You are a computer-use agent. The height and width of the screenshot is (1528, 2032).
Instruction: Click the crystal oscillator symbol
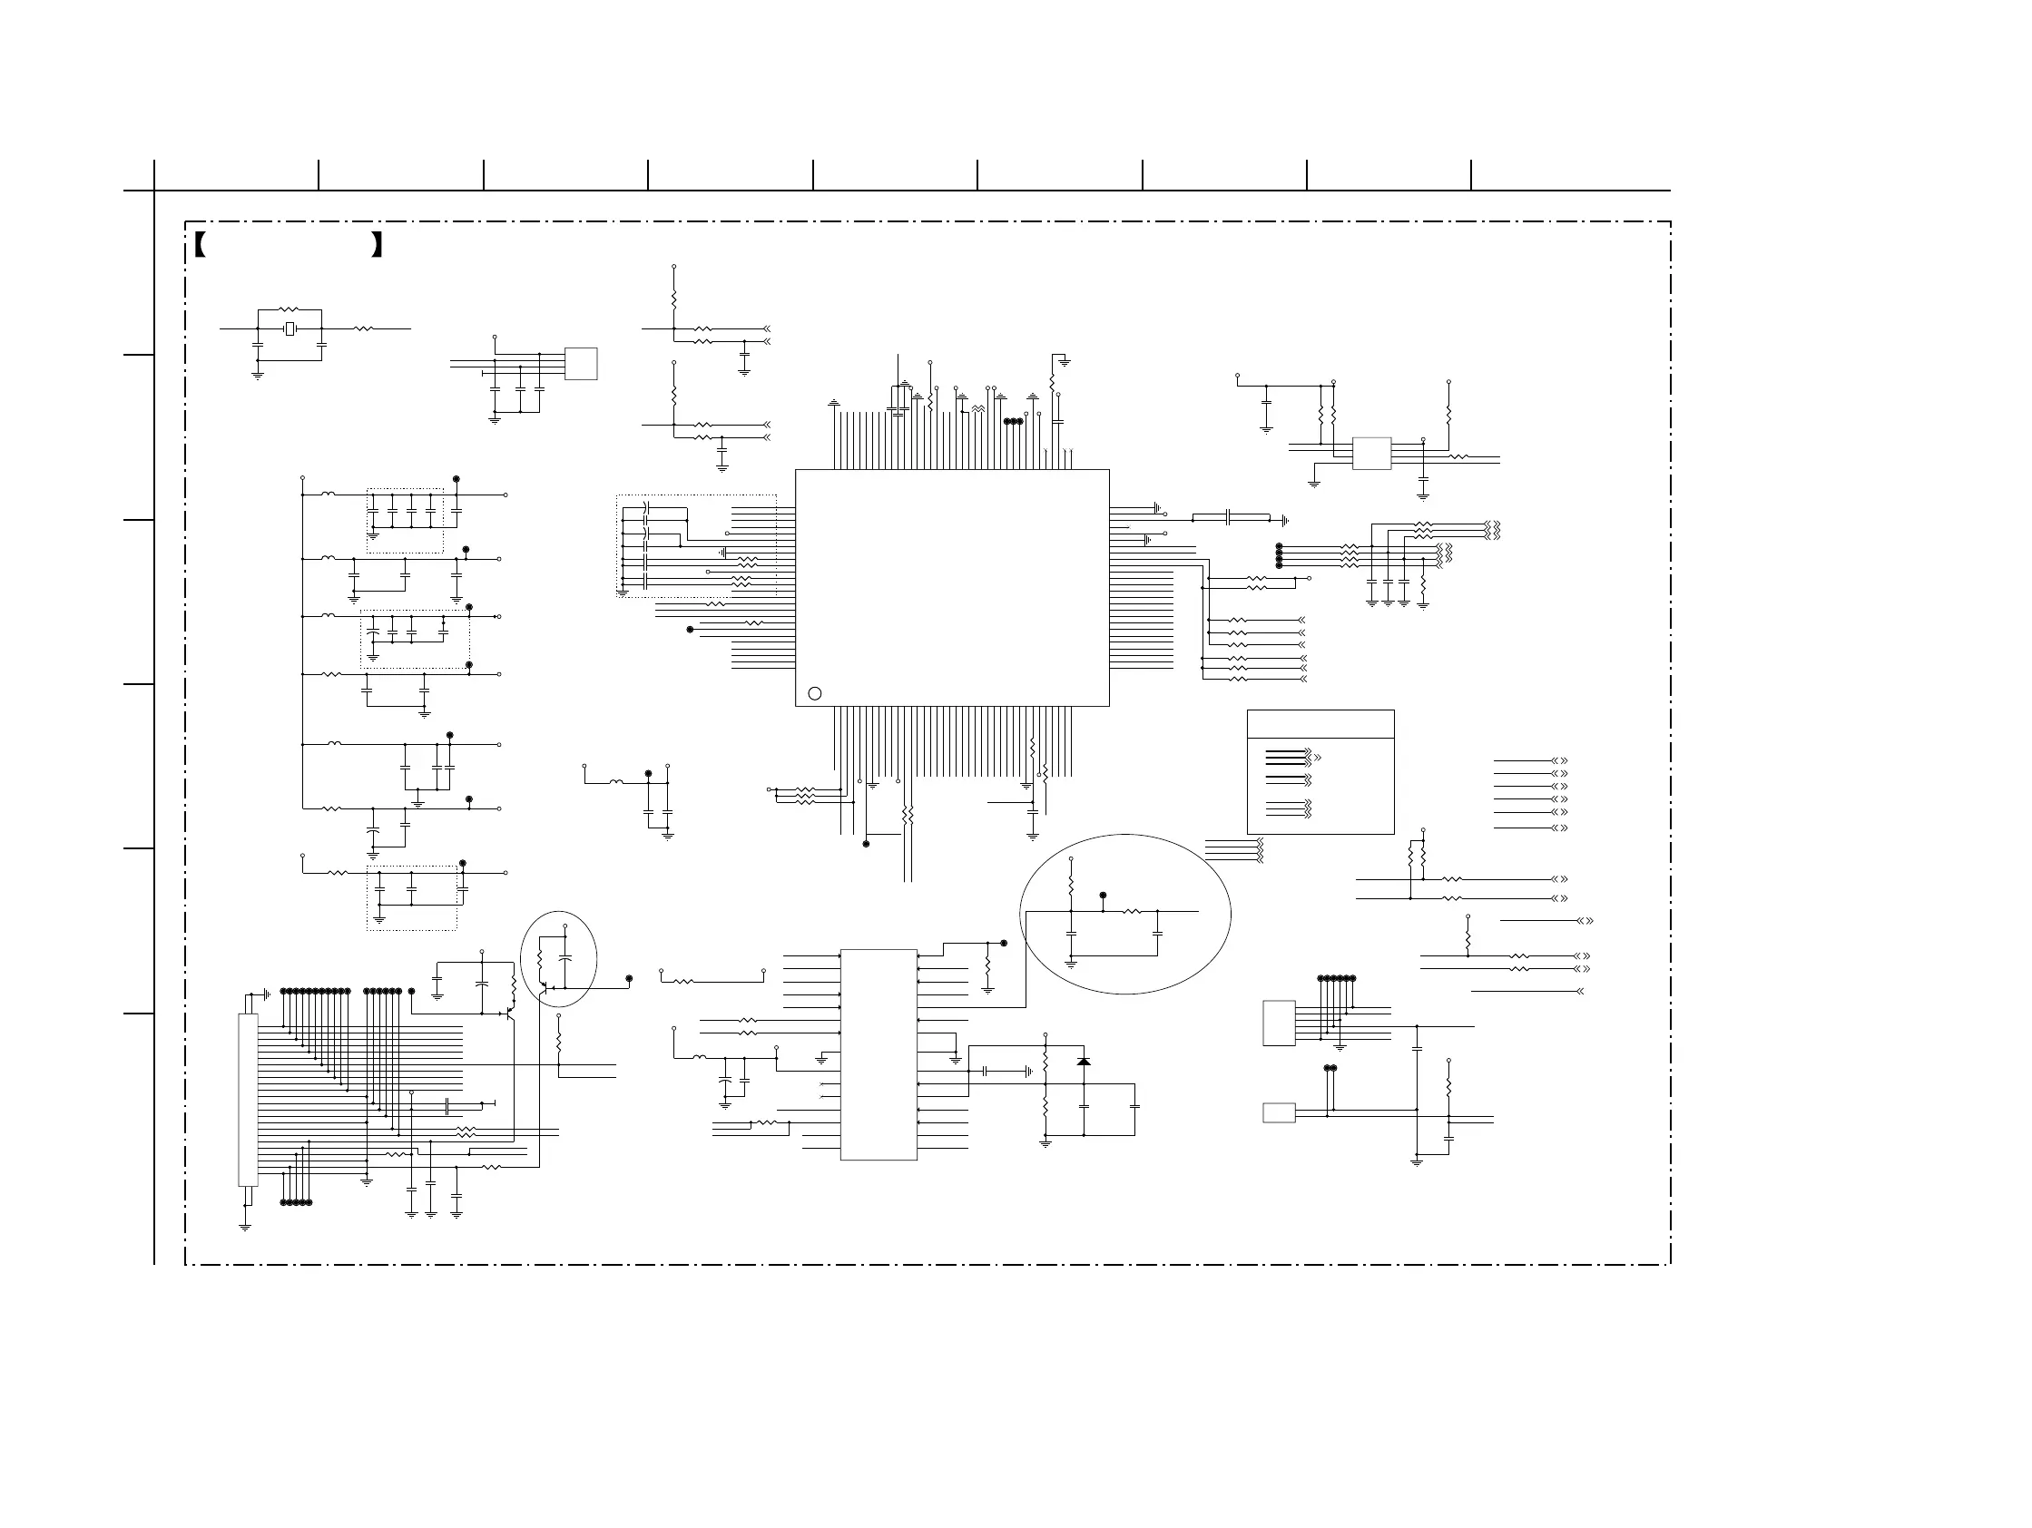[290, 328]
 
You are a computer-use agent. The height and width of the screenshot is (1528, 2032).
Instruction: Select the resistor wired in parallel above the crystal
[290, 310]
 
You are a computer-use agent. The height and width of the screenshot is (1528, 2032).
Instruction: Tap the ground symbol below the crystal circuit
[257, 375]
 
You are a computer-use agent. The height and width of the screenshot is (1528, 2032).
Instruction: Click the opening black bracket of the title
[201, 244]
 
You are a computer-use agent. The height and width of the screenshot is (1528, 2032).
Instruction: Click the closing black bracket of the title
[376, 244]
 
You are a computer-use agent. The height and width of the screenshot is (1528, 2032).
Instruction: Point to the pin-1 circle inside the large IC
[814, 693]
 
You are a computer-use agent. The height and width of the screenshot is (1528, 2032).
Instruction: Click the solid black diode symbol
[1084, 1062]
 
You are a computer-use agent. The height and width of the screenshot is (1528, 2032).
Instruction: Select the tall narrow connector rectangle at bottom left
[248, 1100]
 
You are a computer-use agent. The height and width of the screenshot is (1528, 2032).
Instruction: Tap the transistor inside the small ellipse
[545, 988]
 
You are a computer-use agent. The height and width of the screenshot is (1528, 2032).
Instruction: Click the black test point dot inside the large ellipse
[1103, 895]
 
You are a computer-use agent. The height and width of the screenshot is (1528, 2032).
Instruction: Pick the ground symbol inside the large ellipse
[1070, 965]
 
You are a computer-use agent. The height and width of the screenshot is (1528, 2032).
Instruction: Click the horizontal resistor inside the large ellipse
[1132, 912]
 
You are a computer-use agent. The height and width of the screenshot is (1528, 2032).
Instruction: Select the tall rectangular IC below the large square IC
[879, 1054]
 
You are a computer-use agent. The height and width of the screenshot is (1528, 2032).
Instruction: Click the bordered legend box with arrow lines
[1320, 772]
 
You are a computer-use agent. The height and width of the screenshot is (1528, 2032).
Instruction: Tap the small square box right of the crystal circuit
[581, 364]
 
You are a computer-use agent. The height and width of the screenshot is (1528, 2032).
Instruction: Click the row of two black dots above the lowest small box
[1330, 1068]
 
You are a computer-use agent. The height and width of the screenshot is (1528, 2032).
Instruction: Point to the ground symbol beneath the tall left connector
[244, 1227]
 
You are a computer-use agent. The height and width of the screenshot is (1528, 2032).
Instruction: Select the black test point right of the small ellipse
[628, 979]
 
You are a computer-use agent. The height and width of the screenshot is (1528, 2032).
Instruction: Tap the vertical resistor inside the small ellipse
[540, 960]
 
